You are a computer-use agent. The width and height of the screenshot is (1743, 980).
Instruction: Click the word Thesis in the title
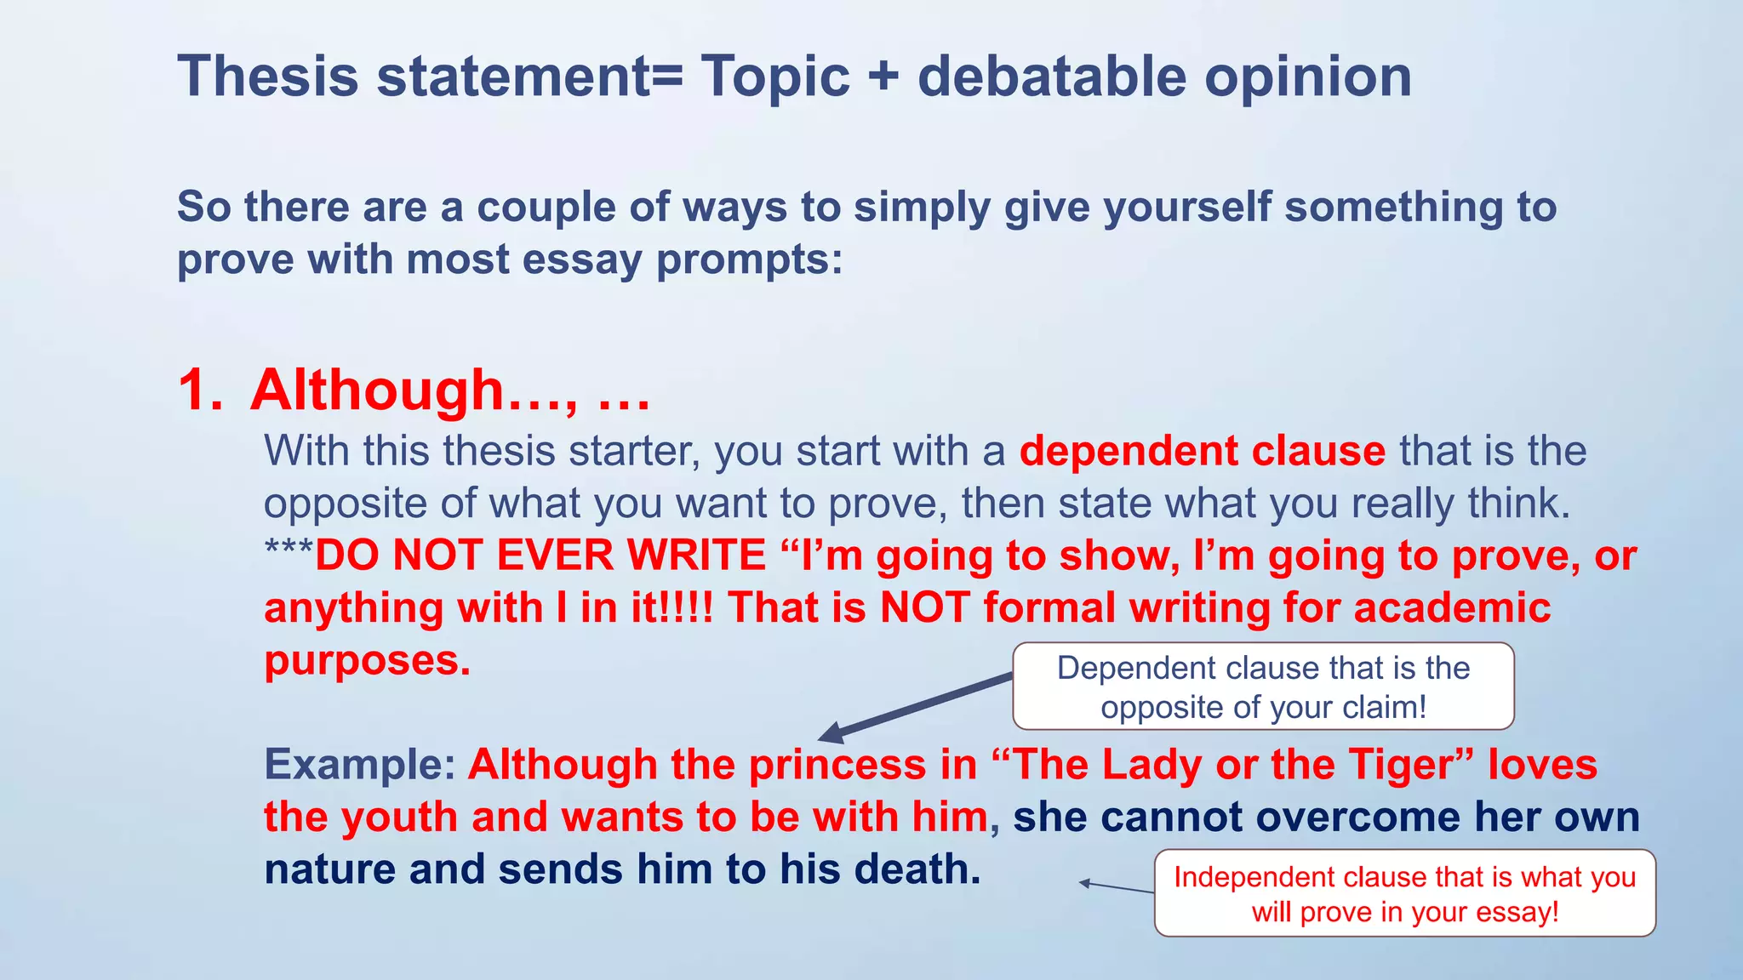tap(268, 77)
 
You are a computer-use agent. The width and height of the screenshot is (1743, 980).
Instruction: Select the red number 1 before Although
tap(200, 391)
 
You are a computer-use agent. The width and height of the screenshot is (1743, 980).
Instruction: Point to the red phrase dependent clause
tap(1202, 451)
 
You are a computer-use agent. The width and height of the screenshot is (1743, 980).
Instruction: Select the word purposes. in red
tap(367, 661)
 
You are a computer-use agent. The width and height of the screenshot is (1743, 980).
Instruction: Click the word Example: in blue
tap(361, 765)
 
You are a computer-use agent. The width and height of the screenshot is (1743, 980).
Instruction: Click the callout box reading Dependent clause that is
tap(1263, 687)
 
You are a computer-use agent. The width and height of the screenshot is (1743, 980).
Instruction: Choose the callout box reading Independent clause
tap(1404, 893)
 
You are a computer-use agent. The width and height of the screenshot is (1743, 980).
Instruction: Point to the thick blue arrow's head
tap(831, 734)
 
